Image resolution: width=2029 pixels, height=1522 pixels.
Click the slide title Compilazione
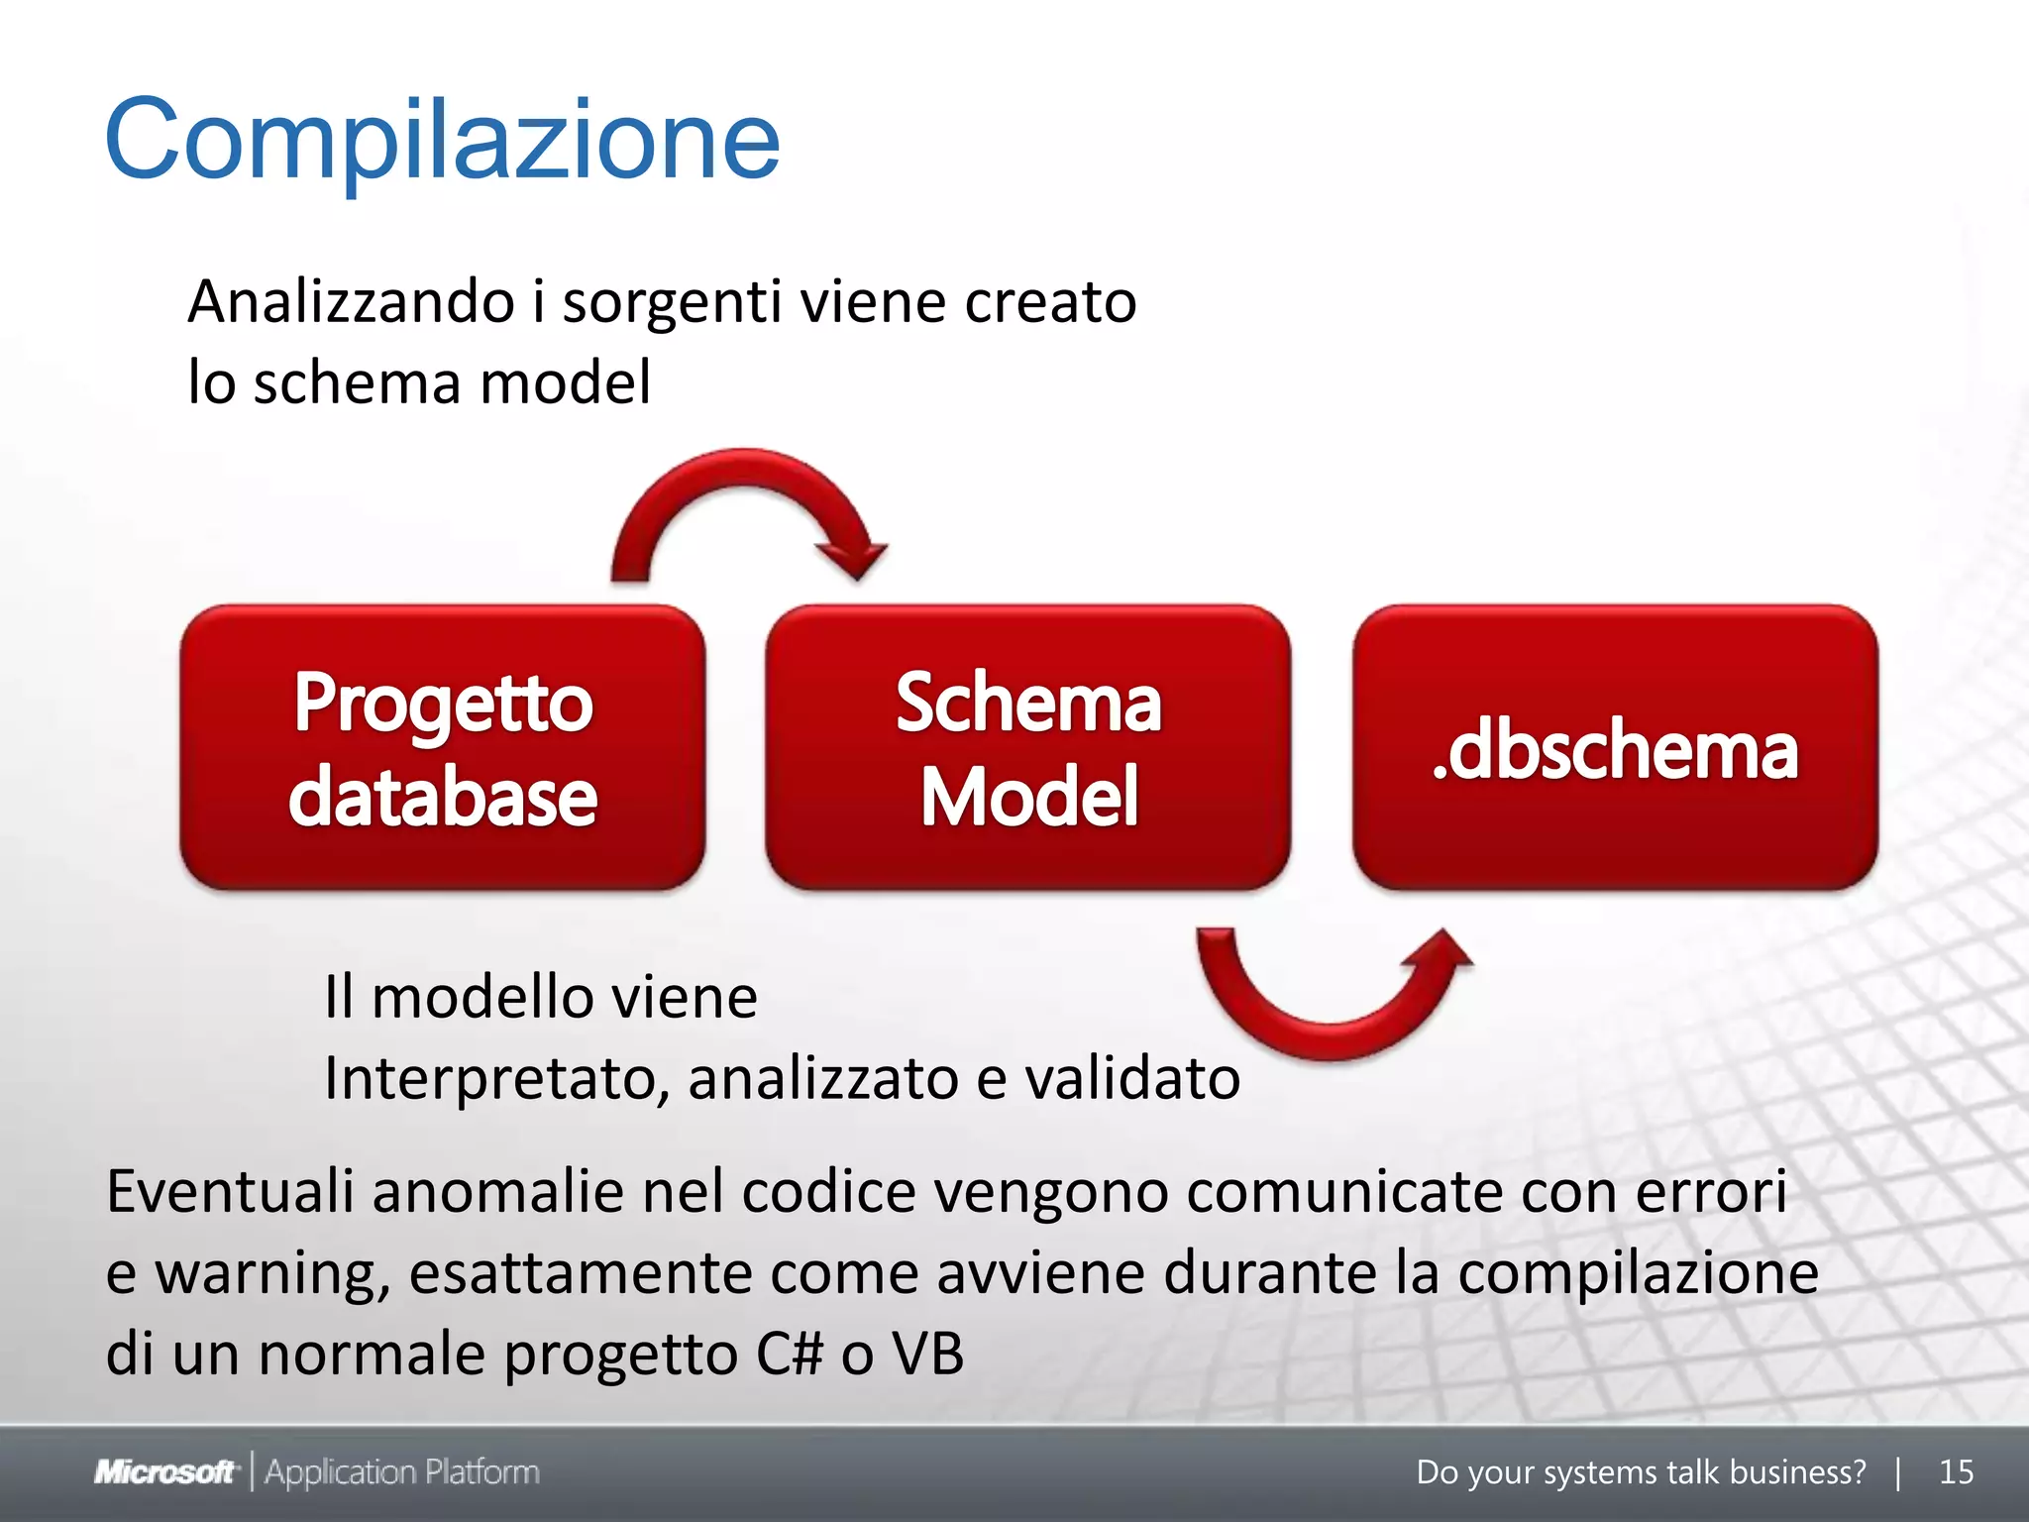(442, 141)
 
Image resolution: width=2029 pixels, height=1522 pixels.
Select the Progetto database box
(443, 748)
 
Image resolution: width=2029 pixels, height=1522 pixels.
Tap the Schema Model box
(1028, 748)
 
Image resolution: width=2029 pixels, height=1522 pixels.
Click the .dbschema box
(1615, 748)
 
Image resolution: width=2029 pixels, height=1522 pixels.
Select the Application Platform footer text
(402, 1472)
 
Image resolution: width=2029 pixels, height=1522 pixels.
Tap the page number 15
(1956, 1472)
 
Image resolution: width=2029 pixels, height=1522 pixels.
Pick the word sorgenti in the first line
(673, 303)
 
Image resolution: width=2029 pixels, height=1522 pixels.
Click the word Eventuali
(230, 1191)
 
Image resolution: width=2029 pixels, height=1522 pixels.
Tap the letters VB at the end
(927, 1354)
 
